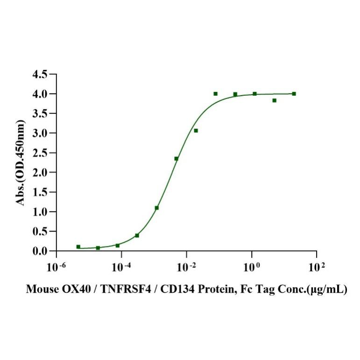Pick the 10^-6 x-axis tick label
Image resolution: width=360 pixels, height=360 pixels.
pyautogui.click(x=56, y=268)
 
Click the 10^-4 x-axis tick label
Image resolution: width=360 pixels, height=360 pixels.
pyautogui.click(x=121, y=268)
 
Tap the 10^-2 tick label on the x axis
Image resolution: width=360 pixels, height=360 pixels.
pyautogui.click(x=186, y=268)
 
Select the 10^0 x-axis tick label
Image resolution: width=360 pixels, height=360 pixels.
pyautogui.click(x=251, y=268)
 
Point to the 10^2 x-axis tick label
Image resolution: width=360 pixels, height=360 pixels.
pyautogui.click(x=316, y=268)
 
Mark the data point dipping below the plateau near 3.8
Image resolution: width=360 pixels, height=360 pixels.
pyautogui.click(x=274, y=100)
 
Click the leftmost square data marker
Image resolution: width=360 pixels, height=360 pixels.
pyautogui.click(x=78, y=247)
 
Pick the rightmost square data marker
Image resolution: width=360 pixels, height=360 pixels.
pyautogui.click(x=294, y=94)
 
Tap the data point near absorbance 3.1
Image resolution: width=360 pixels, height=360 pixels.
pyautogui.click(x=196, y=131)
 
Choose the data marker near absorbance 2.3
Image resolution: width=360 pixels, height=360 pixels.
pyautogui.click(x=176, y=159)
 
